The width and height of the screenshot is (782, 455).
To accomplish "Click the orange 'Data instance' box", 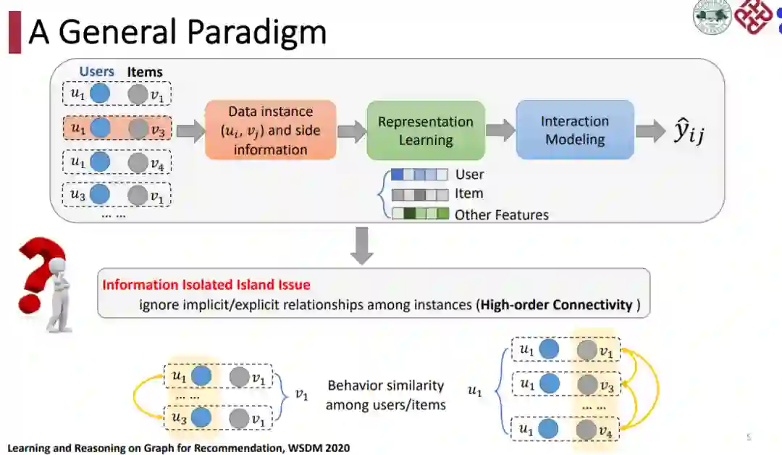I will click(x=270, y=130).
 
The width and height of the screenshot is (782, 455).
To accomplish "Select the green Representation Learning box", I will click(x=425, y=130).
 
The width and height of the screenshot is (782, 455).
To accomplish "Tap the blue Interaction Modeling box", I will click(x=574, y=130).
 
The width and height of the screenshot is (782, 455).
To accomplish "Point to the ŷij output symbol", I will click(x=688, y=133).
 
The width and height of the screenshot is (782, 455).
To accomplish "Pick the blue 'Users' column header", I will click(x=96, y=72).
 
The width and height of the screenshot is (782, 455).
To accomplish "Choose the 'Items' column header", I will click(x=145, y=72).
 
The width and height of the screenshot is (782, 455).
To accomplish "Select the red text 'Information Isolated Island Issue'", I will click(x=206, y=285).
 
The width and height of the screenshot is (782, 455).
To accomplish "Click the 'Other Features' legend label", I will click(x=501, y=214).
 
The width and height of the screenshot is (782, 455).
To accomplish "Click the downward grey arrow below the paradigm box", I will click(x=361, y=245).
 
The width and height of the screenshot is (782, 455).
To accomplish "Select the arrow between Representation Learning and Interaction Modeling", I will click(x=500, y=130).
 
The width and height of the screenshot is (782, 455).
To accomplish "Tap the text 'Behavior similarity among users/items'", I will click(x=385, y=395).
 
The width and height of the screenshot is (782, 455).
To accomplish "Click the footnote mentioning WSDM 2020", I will click(x=179, y=448).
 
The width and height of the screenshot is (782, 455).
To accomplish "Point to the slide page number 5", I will click(x=749, y=437).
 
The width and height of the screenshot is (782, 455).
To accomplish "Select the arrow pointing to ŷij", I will click(x=650, y=130).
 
